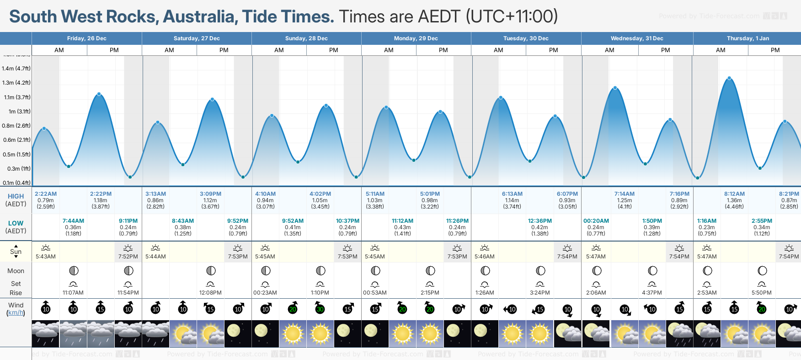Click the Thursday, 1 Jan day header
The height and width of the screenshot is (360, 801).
748,38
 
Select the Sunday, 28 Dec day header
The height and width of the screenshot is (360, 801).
306,38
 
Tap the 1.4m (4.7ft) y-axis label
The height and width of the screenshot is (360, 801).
16,69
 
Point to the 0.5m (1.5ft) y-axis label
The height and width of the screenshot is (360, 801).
16,155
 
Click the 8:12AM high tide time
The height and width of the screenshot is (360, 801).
734,194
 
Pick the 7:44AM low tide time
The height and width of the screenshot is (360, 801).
73,221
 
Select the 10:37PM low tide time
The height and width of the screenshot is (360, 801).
347,221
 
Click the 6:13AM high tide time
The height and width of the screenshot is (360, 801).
512,194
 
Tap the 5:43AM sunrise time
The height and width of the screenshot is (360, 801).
46,257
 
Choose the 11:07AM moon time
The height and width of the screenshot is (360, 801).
73,293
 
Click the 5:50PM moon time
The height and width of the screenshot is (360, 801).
762,293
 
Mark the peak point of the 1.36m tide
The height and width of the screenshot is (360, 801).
729,78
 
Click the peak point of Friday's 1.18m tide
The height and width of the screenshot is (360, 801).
99,94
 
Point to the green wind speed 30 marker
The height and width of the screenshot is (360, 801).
320,309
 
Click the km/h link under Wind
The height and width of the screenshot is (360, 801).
16,313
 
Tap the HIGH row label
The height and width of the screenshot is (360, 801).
16,196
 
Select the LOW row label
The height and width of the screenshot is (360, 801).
16,223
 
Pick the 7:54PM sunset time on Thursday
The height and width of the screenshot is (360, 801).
789,257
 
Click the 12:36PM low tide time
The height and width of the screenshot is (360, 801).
540,221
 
